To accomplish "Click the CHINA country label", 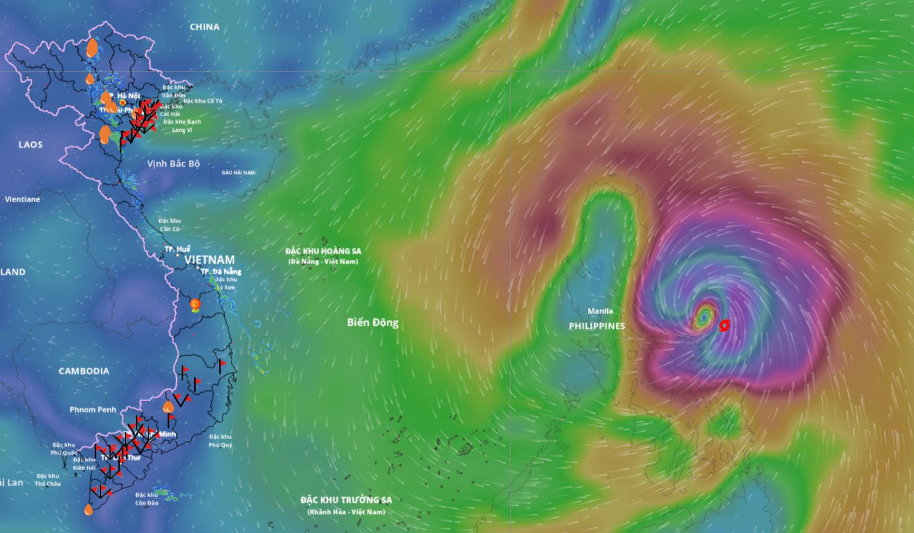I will tap(205, 27).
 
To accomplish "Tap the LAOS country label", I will tap(31, 145).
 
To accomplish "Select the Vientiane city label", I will tap(22, 199).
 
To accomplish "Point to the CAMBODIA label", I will tap(84, 371).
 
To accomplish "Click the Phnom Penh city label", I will tap(93, 410).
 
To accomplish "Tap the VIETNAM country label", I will tap(209, 260).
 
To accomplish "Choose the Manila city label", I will tap(600, 311).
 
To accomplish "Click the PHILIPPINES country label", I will tap(597, 326).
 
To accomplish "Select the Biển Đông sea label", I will tap(373, 323).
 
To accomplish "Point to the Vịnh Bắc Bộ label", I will tap(173, 163).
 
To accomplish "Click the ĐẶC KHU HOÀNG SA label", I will tap(323, 251).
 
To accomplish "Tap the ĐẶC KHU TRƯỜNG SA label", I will tap(346, 500).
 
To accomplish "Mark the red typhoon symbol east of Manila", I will tap(724, 325).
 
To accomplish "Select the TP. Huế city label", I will tap(177, 249).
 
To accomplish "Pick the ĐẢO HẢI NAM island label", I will tap(238, 173).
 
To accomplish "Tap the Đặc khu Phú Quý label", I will tap(220, 441).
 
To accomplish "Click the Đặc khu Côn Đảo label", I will tap(147, 499).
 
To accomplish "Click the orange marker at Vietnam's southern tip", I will tap(88, 509).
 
